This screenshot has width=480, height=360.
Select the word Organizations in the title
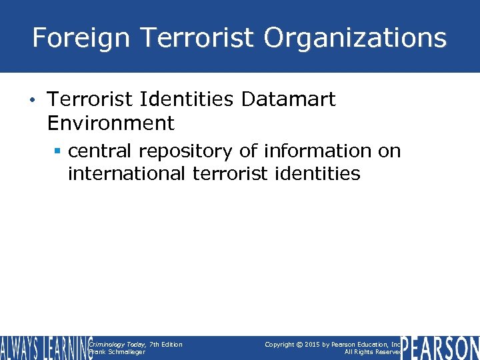(x=355, y=38)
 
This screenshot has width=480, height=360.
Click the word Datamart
(x=288, y=100)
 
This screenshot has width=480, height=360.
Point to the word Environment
(x=111, y=123)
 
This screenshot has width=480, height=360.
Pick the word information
(x=317, y=151)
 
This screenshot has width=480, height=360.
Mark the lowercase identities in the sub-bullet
(x=321, y=175)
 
